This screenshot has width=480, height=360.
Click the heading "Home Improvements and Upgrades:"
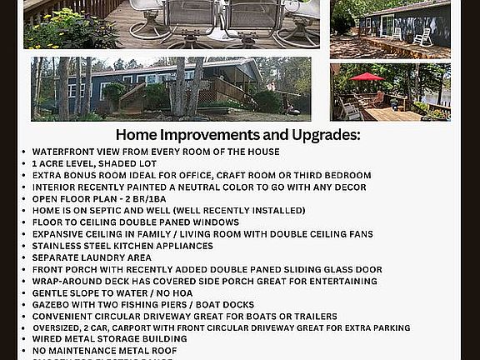pyautogui.click(x=237, y=135)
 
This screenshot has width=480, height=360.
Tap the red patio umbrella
pyautogui.click(x=367, y=77)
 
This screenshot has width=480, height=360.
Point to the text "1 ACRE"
pyautogui.click(x=49, y=164)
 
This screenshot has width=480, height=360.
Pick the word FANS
pyautogui.click(x=359, y=234)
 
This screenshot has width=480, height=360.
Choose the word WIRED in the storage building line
pyautogui.click(x=49, y=339)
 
